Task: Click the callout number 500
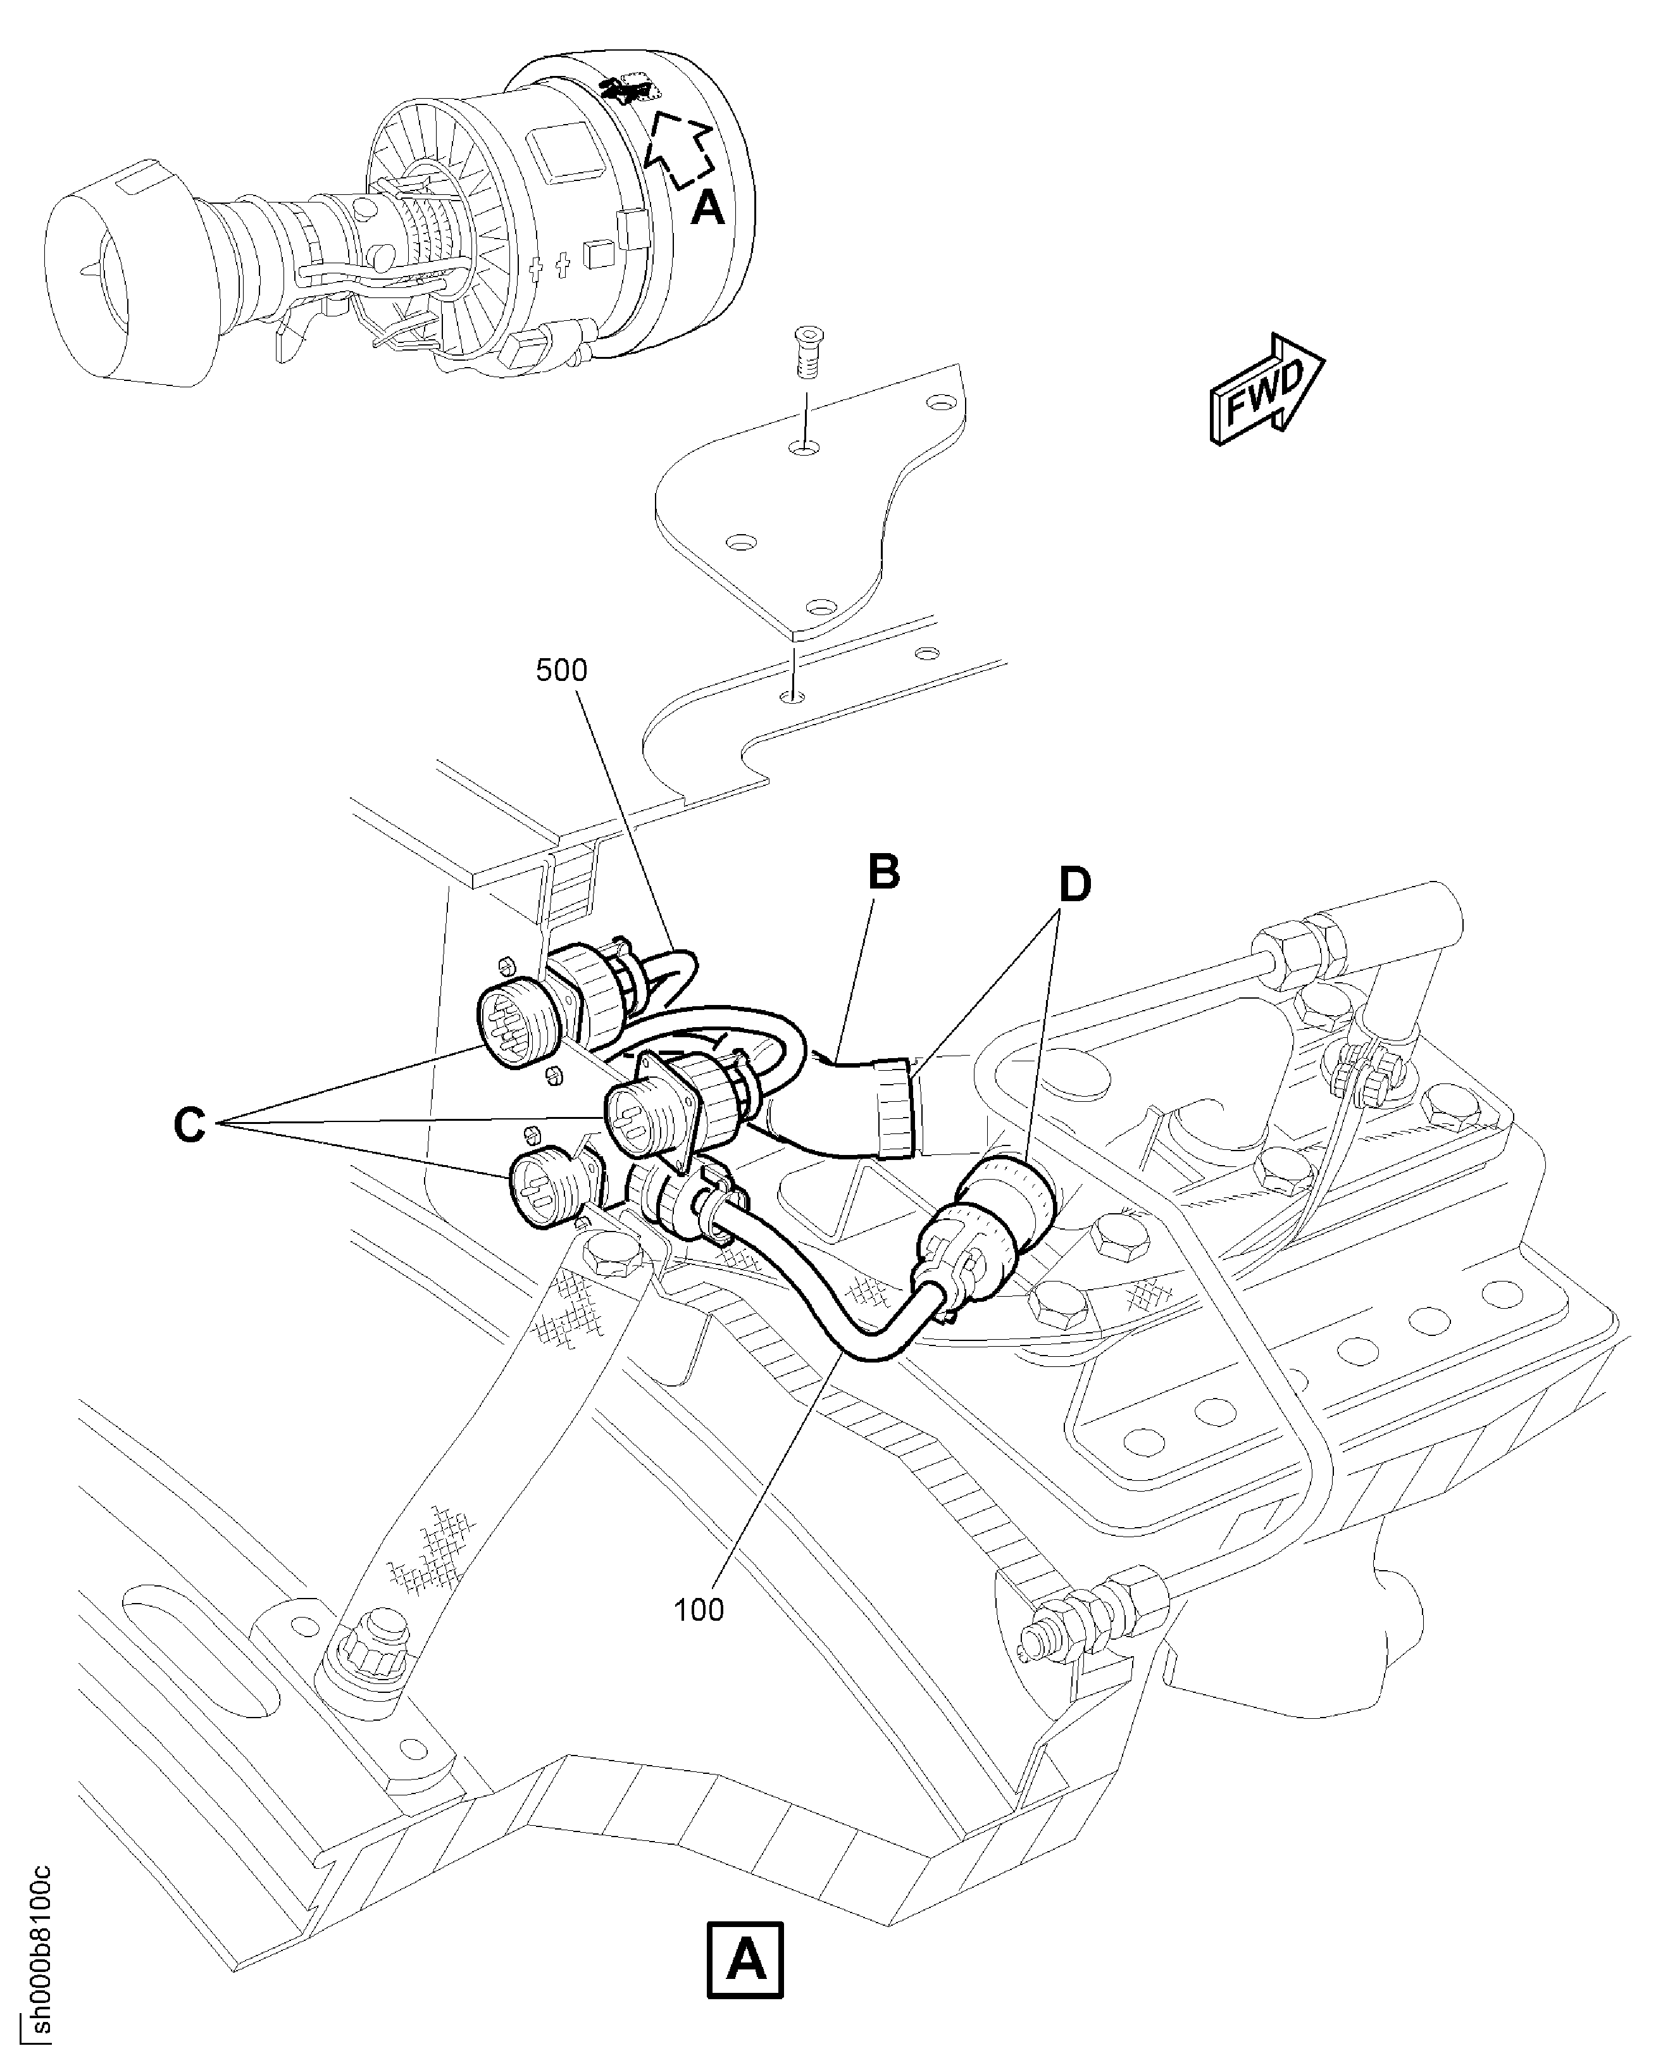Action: click(561, 670)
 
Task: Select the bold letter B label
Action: click(883, 871)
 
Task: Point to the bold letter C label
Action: click(189, 1124)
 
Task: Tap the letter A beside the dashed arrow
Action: click(707, 208)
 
